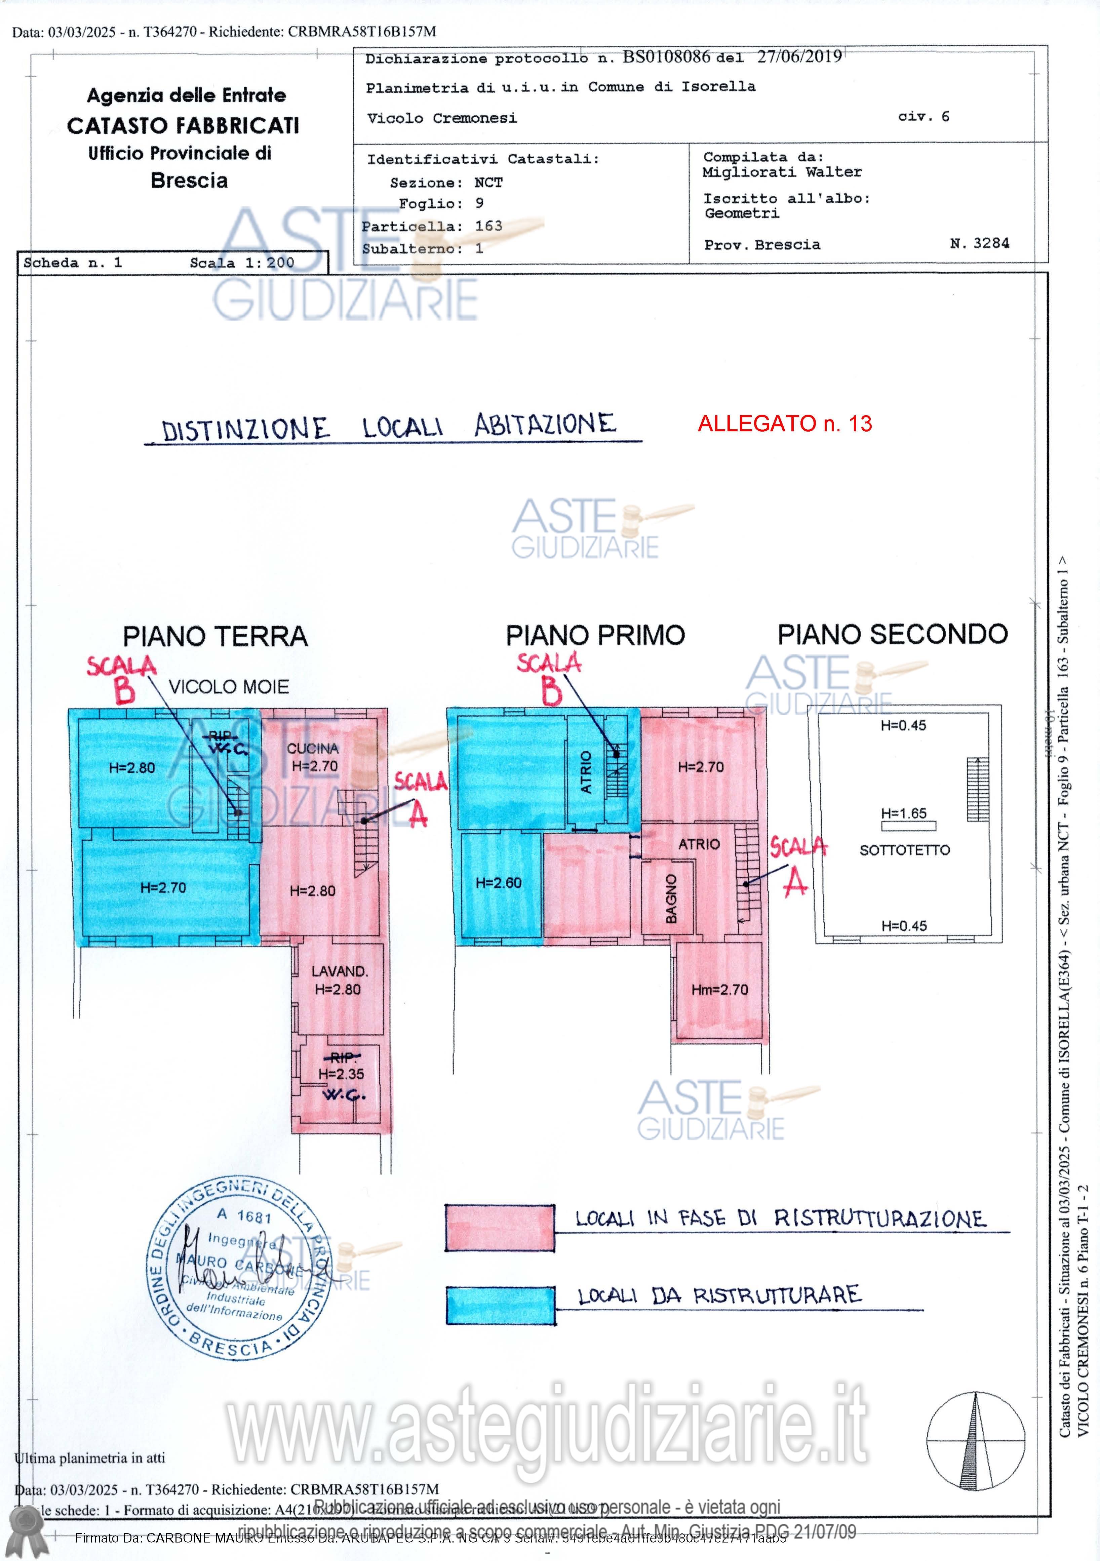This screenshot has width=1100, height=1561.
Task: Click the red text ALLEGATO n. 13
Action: [785, 424]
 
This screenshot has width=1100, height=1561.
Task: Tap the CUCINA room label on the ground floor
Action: [312, 749]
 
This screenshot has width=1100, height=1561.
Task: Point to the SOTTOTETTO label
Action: [904, 850]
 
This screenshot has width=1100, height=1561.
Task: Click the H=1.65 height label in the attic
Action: [904, 813]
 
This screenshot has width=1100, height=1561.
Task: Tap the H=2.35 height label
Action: [341, 1074]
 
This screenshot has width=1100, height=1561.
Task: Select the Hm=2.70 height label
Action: [719, 990]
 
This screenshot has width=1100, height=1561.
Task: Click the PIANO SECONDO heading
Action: [892, 634]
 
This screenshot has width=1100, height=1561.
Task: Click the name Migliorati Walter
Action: [782, 172]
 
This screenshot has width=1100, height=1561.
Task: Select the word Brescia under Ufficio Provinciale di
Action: [189, 181]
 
